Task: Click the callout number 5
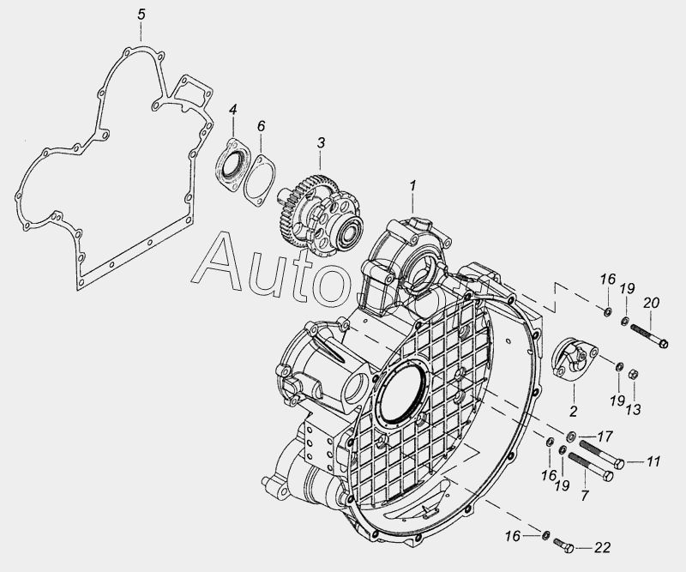click(x=141, y=14)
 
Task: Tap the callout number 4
click(x=233, y=110)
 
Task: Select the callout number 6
click(x=261, y=126)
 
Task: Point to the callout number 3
click(x=321, y=142)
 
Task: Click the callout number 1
click(x=412, y=185)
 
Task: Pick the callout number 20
click(x=651, y=303)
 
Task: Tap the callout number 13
click(x=633, y=410)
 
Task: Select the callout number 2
click(x=573, y=411)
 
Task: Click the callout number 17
click(x=605, y=437)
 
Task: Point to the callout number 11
click(x=653, y=461)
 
